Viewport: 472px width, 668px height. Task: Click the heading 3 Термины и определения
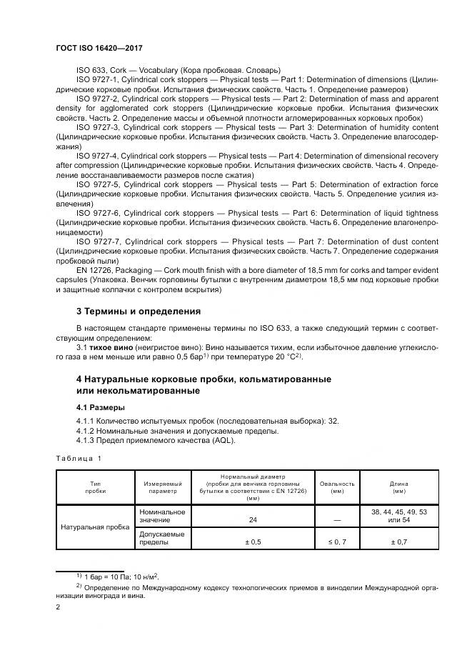tap(139, 311)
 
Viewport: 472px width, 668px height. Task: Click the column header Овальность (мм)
tap(332, 487)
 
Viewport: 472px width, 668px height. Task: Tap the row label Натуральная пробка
tap(96, 527)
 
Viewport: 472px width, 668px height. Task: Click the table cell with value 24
tap(253, 520)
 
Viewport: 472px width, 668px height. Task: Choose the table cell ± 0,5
tap(253, 542)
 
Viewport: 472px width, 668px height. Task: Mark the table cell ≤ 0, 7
tap(332, 542)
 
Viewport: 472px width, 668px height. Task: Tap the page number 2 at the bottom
tap(59, 607)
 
